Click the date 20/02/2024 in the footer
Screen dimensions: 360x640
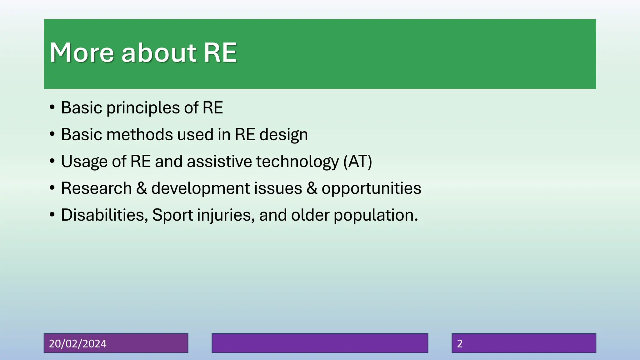[78, 343]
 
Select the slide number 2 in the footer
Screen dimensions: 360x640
[460, 343]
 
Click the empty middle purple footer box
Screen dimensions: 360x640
[320, 343]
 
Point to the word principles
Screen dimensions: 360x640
[143, 108]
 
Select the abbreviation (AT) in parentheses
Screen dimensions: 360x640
[357, 162]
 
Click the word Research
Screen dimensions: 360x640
[96, 188]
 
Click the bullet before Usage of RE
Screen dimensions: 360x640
[52, 162]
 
